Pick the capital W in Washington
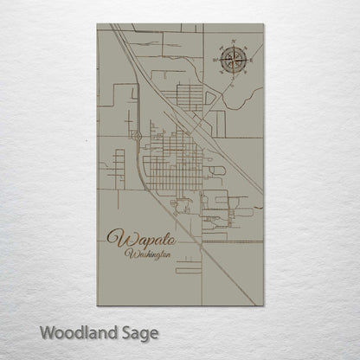point(128,254)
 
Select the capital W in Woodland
point(48,332)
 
